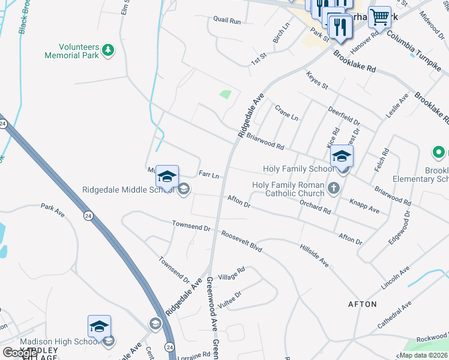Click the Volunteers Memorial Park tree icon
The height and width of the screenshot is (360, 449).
coord(108,49)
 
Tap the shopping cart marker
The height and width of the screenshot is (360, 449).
coord(380,17)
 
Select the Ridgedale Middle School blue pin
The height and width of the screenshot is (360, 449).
coord(167,176)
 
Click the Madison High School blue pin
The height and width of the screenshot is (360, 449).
coord(99,326)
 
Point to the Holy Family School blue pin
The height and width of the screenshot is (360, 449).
coord(342,156)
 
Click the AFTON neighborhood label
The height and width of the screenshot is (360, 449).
coord(363,304)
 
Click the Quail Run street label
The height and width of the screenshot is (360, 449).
coord(227,20)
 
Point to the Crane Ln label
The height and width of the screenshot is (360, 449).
coord(286,112)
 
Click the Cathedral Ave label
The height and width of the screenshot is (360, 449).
coord(394,314)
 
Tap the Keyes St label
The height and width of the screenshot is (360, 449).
coord(317,82)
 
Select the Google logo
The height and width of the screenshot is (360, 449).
coord(20,353)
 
